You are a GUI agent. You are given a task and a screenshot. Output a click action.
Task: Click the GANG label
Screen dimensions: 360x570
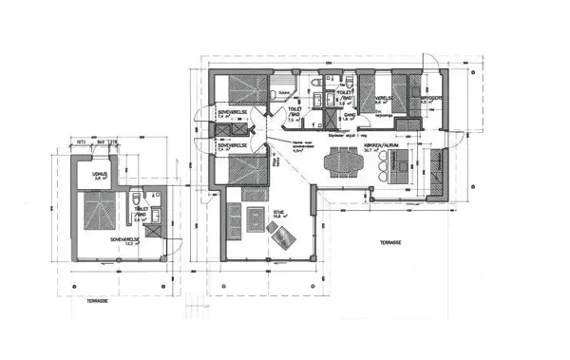[349, 114]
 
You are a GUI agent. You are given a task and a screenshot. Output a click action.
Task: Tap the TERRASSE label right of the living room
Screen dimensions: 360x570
[390, 242]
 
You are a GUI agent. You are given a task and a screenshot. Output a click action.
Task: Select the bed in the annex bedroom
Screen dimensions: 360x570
[93, 211]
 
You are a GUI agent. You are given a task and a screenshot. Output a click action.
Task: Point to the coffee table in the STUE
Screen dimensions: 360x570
[254, 220]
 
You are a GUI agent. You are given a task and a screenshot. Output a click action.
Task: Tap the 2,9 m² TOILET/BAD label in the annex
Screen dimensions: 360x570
[140, 215]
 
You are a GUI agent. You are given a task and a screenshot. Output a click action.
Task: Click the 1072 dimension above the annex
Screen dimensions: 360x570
[82, 142]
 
